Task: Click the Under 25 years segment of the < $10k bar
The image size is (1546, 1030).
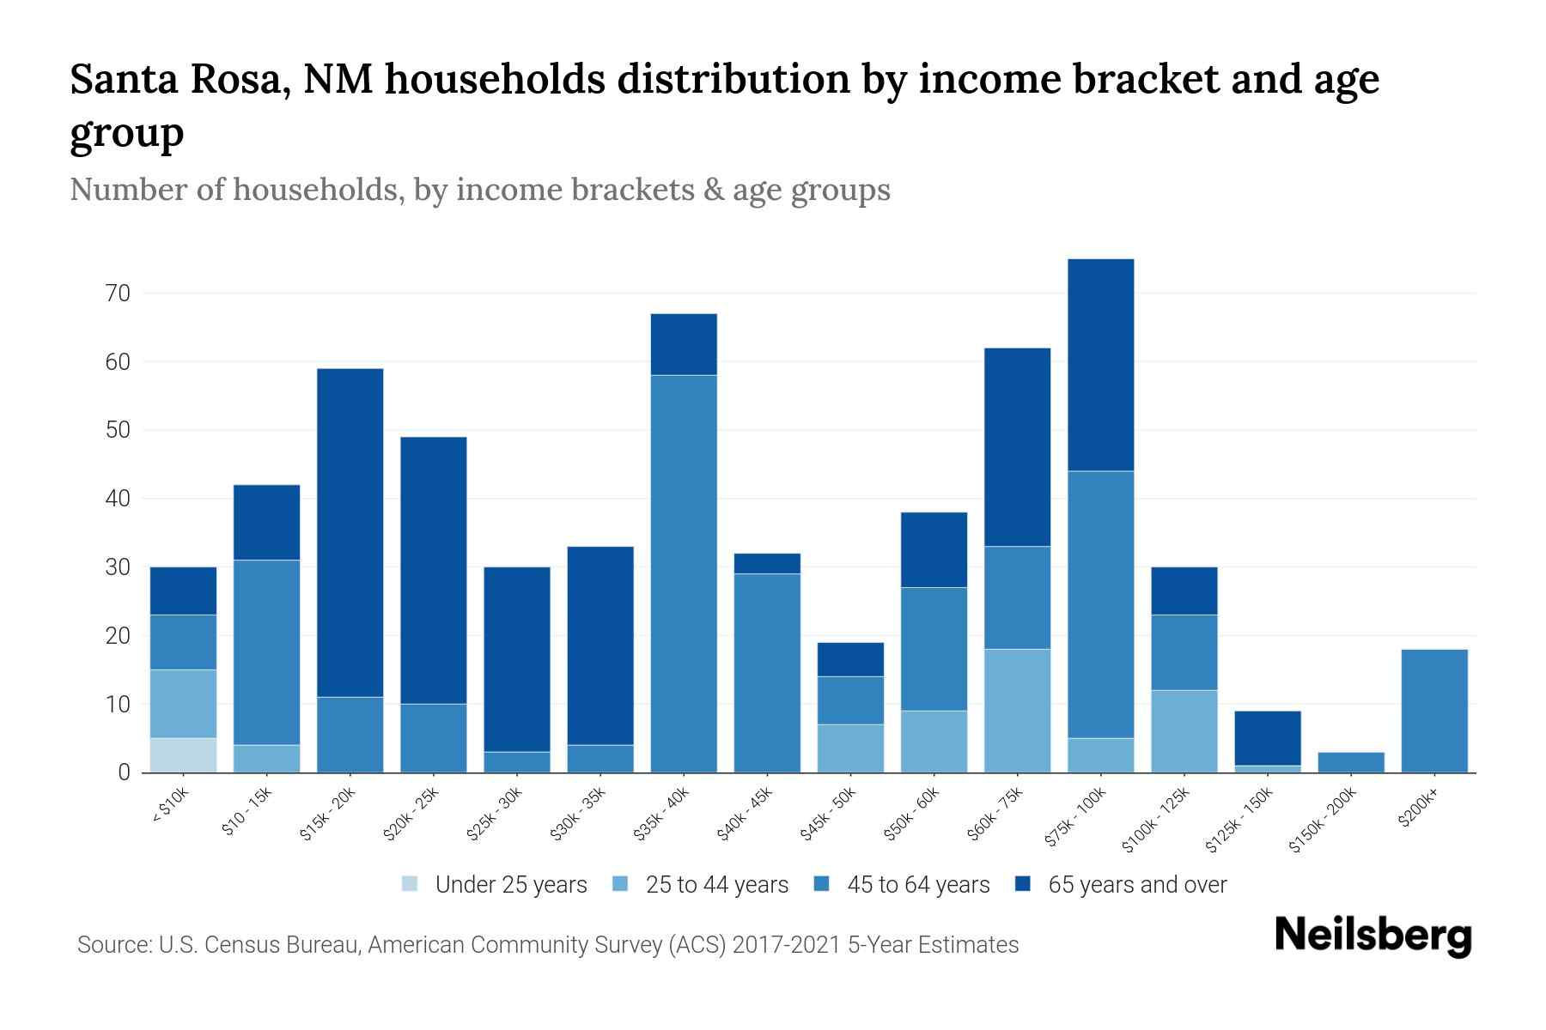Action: pos(183,755)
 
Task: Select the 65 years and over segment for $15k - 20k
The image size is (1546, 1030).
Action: pos(350,532)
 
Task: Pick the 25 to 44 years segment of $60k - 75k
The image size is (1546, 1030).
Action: pos(1017,711)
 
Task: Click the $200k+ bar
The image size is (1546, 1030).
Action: pos(1433,711)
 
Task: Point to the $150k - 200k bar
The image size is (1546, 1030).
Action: pos(1350,762)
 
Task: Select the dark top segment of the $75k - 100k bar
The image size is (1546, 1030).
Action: pos(1100,365)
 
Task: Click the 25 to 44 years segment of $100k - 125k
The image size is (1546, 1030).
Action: pos(1184,731)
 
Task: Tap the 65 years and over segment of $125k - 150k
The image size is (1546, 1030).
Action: pos(1267,738)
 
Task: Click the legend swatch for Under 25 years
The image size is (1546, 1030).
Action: pos(411,884)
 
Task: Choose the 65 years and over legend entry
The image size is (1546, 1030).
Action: pos(1136,885)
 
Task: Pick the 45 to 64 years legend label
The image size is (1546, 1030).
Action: pos(918,885)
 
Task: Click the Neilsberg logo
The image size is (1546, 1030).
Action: pos(1373,936)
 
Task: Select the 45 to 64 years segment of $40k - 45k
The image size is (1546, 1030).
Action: pos(767,673)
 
